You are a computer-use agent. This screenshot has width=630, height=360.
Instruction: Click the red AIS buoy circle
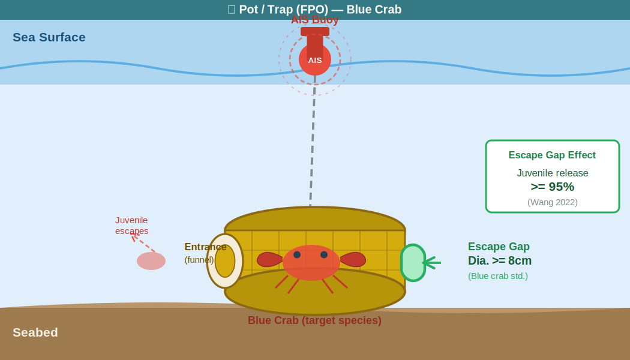[315, 60]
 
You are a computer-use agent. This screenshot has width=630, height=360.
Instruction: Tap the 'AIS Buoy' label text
[315, 20]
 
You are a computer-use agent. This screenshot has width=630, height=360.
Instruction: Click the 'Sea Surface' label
[49, 37]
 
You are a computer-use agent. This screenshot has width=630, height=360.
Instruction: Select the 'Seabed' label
[35, 332]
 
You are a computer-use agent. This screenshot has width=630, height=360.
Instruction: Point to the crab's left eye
[297, 255]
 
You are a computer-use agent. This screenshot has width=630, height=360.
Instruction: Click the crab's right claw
[353, 259]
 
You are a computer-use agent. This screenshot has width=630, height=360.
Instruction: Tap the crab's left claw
[269, 259]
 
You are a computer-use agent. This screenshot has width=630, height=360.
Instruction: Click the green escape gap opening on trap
[413, 263]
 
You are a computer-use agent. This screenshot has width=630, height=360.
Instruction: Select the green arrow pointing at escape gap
[432, 262]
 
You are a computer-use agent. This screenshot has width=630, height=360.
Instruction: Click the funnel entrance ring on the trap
[225, 261]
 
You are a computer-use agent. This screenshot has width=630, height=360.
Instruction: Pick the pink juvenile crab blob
[151, 261]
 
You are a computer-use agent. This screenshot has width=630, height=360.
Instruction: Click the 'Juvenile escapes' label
[132, 226]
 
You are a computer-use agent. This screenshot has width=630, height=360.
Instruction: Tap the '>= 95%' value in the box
[553, 187]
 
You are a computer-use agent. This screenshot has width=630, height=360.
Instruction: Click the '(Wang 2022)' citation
[553, 202]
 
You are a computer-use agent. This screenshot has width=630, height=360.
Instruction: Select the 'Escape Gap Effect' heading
[552, 155]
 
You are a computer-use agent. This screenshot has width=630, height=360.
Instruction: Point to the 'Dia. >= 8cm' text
[500, 260]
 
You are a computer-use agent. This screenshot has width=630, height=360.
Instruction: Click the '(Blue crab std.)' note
[498, 276]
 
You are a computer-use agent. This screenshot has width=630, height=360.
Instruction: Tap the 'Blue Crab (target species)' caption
[314, 320]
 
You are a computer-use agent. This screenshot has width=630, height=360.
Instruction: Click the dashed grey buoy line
[313, 150]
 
